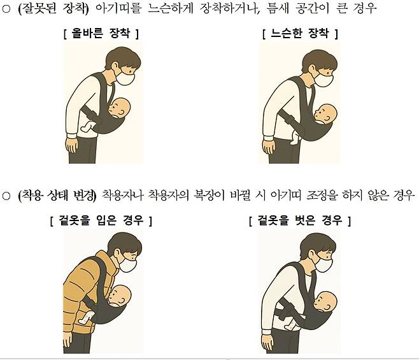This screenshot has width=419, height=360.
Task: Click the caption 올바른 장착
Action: click(101, 33)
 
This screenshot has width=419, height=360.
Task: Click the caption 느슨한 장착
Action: click(299, 33)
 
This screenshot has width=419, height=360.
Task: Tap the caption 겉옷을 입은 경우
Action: click(101, 220)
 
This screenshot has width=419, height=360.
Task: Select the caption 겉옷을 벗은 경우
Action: click(300, 220)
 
